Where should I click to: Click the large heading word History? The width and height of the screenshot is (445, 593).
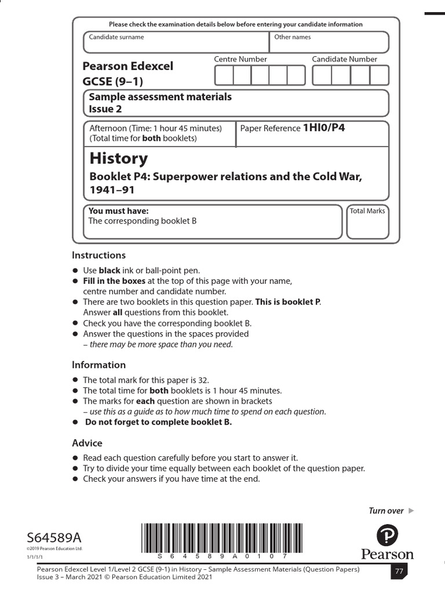pyautogui.click(x=118, y=159)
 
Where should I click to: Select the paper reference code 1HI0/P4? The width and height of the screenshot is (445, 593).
pyautogui.click(x=324, y=128)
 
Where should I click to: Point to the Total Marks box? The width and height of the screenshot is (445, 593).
pyautogui.click(x=367, y=221)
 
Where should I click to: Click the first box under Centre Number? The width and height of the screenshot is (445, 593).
pyautogui.click(x=224, y=75)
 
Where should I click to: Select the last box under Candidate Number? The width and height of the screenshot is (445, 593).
pyautogui.click(x=380, y=75)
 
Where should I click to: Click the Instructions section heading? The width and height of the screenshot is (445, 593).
pyautogui.click(x=99, y=255)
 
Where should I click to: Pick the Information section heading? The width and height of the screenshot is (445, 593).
pyautogui.click(x=99, y=365)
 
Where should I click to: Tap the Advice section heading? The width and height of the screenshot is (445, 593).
pyautogui.click(x=87, y=443)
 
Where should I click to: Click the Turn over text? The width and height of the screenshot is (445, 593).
pyautogui.click(x=386, y=511)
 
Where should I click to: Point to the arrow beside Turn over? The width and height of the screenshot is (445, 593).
pyautogui.click(x=411, y=511)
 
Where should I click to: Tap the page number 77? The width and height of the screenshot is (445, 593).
pyautogui.click(x=399, y=572)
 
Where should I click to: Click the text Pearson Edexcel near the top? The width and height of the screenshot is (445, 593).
pyautogui.click(x=127, y=66)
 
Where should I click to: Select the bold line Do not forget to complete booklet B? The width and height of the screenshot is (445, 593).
pyautogui.click(x=158, y=422)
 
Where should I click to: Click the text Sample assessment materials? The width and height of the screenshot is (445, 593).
pyautogui.click(x=160, y=97)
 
